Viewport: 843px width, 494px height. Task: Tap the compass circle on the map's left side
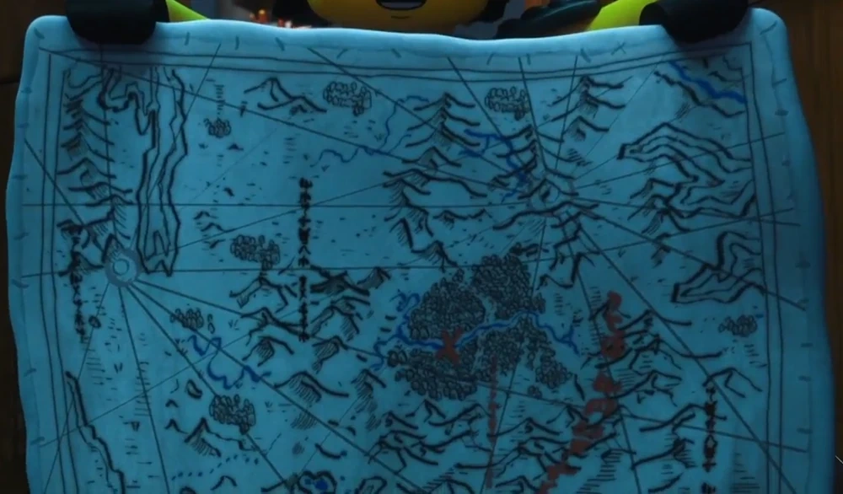(122, 269)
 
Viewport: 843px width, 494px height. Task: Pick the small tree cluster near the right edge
(739, 325)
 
